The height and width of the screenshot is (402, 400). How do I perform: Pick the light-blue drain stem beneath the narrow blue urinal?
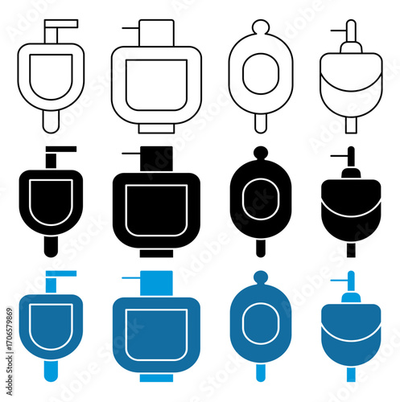52,371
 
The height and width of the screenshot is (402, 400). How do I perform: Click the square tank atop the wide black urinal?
157,158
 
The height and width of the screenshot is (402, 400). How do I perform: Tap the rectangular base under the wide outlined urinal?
156,127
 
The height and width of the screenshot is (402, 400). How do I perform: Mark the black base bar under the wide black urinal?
156,253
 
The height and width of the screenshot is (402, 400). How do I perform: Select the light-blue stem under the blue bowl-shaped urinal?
350,373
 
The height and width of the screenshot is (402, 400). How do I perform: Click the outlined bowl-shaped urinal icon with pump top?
350,76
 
